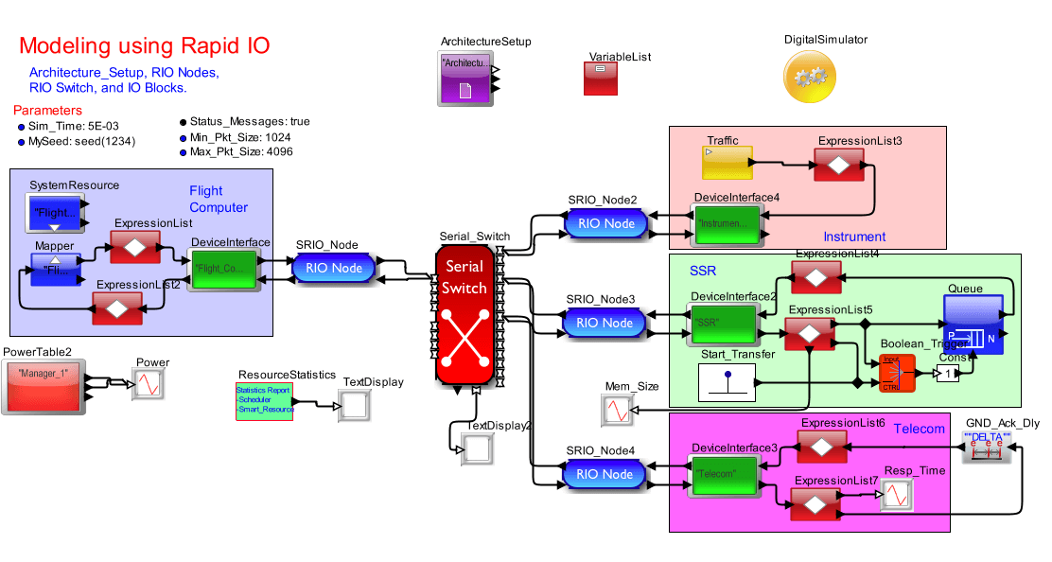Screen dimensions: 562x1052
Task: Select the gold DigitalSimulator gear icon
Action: (811, 77)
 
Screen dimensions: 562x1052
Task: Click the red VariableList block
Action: (601, 79)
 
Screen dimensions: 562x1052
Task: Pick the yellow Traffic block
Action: (727, 163)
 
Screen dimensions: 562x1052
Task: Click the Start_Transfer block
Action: (727, 380)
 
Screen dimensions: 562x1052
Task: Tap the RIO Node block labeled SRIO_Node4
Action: (605, 474)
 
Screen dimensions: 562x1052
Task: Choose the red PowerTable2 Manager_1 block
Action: (43, 387)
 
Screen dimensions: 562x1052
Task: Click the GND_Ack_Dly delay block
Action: (987, 447)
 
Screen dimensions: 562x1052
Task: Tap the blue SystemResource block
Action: (53, 214)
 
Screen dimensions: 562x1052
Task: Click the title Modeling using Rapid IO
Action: (144, 46)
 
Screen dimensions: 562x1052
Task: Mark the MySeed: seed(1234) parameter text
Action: (82, 142)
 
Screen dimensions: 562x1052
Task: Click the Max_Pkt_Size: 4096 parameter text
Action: (241, 151)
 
